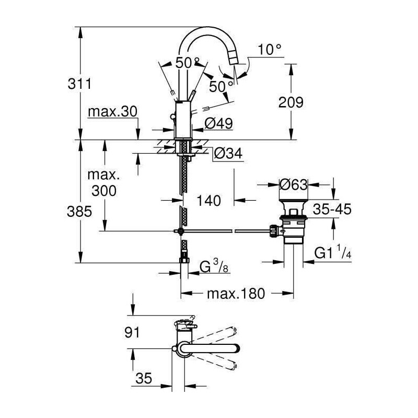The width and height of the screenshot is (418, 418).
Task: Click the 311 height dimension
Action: tap(79, 84)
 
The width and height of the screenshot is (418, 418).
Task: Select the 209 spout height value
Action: tap(291, 102)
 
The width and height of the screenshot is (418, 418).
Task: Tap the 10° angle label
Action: tap(270, 50)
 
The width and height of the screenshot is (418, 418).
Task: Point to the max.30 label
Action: tap(112, 112)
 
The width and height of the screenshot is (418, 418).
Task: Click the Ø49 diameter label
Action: tap(218, 123)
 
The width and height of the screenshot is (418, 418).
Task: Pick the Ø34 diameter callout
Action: tap(228, 154)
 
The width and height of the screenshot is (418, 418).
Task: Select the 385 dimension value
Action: tap(79, 212)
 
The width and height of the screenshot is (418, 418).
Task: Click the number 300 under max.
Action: tap(104, 191)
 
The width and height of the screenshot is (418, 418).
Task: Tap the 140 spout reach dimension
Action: tap(208, 201)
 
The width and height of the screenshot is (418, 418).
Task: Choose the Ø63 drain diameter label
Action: tap(294, 184)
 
